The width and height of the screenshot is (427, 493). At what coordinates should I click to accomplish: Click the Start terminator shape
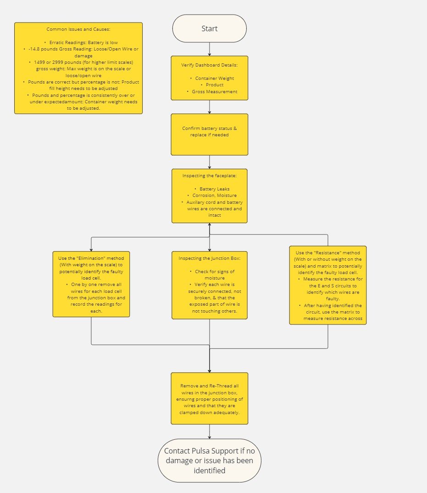point(209,28)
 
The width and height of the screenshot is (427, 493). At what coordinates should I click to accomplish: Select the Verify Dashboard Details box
point(209,78)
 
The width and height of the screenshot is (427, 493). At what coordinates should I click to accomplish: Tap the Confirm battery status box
point(209,134)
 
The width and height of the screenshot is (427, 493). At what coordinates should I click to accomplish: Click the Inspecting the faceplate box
point(209,196)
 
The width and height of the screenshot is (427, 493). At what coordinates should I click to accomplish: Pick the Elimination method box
point(91,284)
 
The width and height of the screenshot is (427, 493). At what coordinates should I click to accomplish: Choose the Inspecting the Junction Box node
point(209,285)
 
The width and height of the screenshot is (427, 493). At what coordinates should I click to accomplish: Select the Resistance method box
point(327,285)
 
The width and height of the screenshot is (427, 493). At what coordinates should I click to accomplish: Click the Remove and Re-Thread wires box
point(209,398)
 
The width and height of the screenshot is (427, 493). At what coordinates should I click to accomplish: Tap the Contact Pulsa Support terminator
point(209,460)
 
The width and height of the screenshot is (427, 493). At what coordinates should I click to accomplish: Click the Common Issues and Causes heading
point(78,29)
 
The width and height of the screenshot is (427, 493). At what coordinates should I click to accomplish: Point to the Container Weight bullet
point(214,78)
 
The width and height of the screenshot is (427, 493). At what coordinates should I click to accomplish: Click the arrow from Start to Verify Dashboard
point(210,49)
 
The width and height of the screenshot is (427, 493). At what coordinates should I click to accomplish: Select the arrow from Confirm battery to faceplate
point(210,162)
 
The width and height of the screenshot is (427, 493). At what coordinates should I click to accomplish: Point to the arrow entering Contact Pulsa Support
point(210,431)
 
